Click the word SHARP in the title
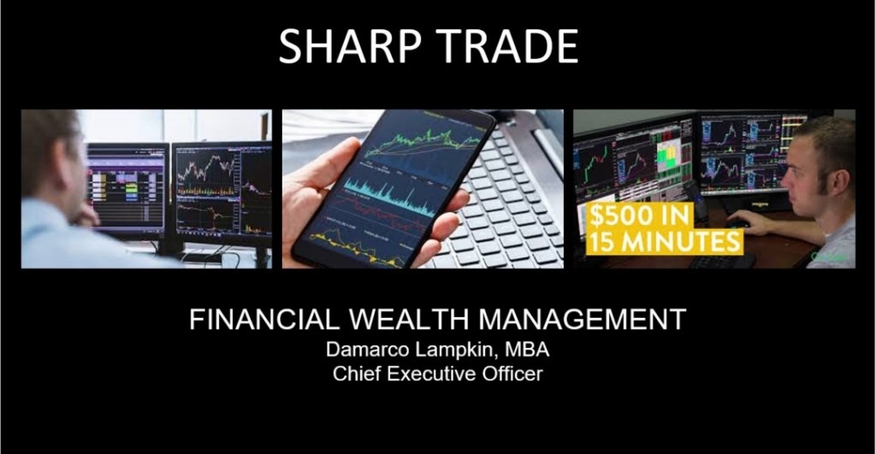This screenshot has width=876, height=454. [349, 46]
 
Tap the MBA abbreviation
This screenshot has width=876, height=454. [527, 350]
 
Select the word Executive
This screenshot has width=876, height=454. [431, 374]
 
